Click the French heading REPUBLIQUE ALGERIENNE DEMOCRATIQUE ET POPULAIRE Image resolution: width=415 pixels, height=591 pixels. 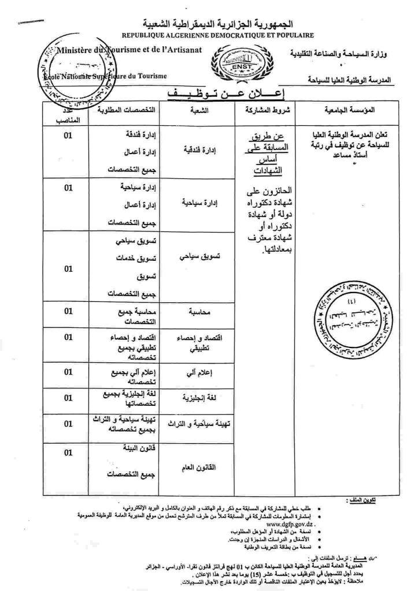point(217,35)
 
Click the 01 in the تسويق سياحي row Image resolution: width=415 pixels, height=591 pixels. point(68,268)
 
